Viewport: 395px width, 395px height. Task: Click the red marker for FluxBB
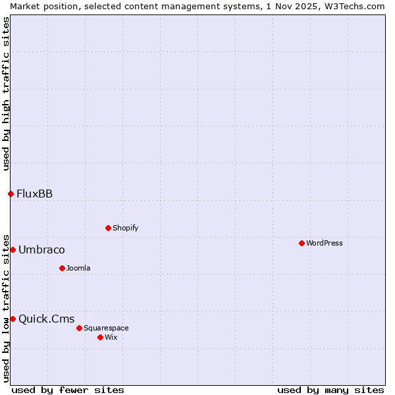pos(11,194)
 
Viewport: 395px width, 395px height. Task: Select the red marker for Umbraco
pos(13,250)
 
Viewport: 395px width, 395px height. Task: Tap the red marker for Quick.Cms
pos(13,319)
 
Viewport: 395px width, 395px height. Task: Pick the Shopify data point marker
pos(108,228)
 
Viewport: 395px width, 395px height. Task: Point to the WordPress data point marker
pos(302,243)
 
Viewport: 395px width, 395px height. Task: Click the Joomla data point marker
pos(62,268)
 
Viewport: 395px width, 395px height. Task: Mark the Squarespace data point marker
pos(79,328)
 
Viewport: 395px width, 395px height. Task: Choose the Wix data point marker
pos(100,337)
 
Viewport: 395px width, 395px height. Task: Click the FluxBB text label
pos(34,194)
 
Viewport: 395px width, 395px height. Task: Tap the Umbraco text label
pos(41,250)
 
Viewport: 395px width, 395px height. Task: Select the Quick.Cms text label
pos(46,319)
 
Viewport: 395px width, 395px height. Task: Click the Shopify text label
pos(125,228)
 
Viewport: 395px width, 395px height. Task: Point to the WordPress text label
pos(324,243)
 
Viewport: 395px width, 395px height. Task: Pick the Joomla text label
pos(78,268)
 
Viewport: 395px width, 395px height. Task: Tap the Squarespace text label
pos(106,328)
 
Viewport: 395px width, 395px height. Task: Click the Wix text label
pos(111,337)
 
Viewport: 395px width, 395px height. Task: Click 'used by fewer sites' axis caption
pos(68,390)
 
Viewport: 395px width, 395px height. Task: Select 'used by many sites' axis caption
pos(330,390)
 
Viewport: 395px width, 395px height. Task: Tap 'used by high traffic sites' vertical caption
pos(6,93)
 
